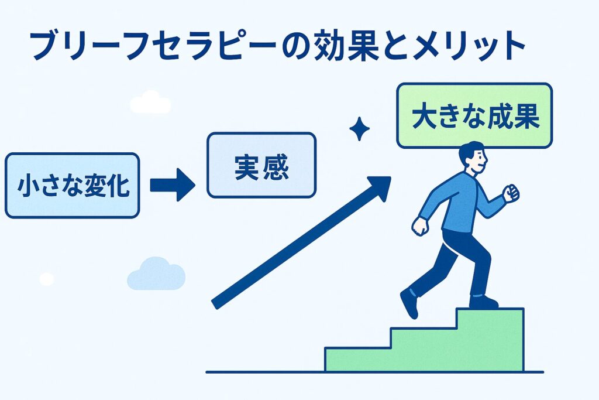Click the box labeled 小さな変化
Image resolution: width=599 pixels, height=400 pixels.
click(x=72, y=186)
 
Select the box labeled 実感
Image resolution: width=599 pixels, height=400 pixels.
click(x=261, y=165)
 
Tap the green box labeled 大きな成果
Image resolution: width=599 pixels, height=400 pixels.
click(x=474, y=115)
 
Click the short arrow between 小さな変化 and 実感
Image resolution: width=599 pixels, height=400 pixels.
click(x=173, y=184)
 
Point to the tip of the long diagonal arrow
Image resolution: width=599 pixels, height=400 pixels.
click(x=391, y=177)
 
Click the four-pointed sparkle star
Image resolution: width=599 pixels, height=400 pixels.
click(x=359, y=129)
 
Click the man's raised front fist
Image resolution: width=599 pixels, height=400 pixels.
click(x=511, y=193)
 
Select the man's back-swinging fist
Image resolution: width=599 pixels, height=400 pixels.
click(x=420, y=226)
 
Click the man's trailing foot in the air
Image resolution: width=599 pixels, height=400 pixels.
click(x=409, y=303)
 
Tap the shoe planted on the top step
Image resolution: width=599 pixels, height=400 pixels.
click(x=483, y=302)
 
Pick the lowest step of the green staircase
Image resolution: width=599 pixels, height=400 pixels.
click(x=357, y=359)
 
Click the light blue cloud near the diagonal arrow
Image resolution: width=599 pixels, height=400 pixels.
click(x=156, y=274)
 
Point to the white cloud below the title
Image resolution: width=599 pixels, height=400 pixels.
click(x=150, y=102)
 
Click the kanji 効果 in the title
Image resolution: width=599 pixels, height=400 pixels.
click(x=346, y=46)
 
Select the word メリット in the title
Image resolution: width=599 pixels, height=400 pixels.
click(x=470, y=46)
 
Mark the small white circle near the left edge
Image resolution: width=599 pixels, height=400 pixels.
click(x=47, y=279)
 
